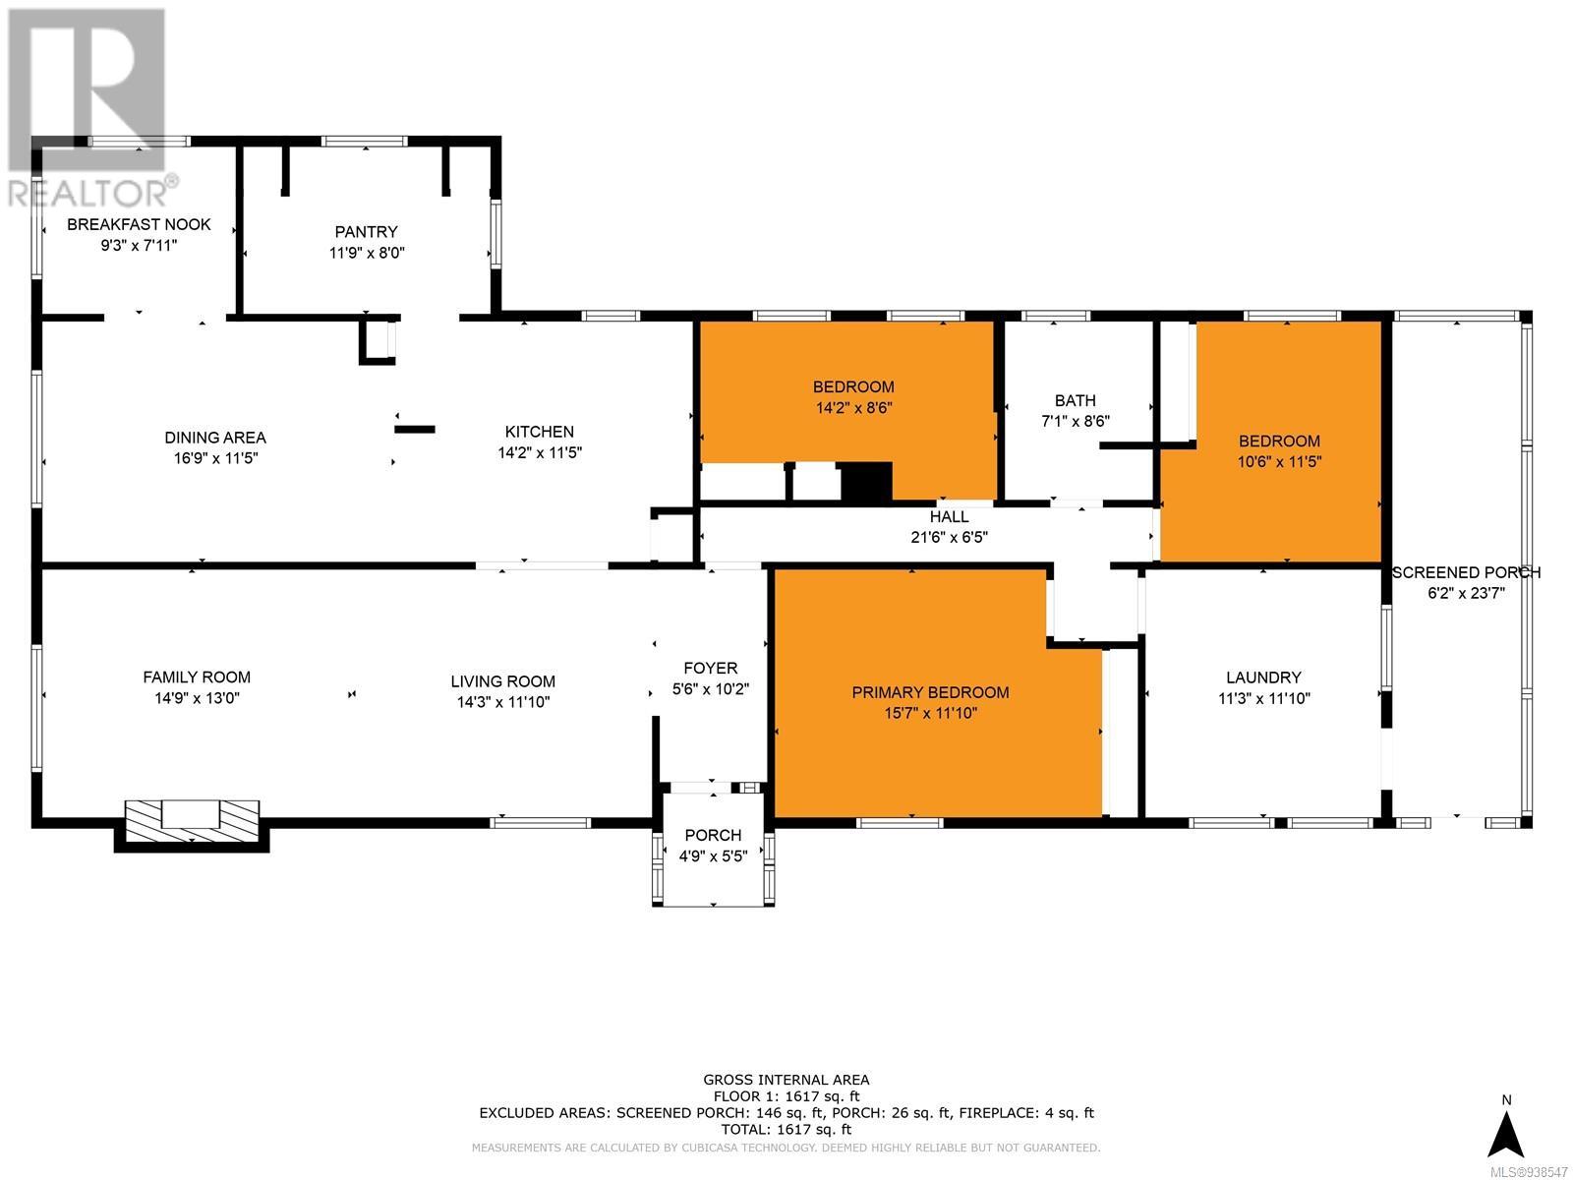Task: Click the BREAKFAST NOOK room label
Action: (139, 224)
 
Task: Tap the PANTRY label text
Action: (366, 232)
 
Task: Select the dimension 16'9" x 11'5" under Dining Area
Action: (215, 458)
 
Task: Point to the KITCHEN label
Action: (540, 432)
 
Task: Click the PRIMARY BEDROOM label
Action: (930, 692)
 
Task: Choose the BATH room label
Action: (1075, 400)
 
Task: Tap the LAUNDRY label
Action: (1263, 678)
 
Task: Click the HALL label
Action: (950, 516)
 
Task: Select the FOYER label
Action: (710, 669)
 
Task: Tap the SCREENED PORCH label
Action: (1466, 572)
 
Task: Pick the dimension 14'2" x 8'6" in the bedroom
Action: (853, 408)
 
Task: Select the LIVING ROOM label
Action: (503, 681)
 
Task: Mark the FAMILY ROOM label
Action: (197, 678)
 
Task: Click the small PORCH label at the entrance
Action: (713, 836)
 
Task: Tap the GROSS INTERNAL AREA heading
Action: (786, 1080)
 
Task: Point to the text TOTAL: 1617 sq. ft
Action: (786, 1130)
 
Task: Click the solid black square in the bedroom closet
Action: (866, 482)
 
